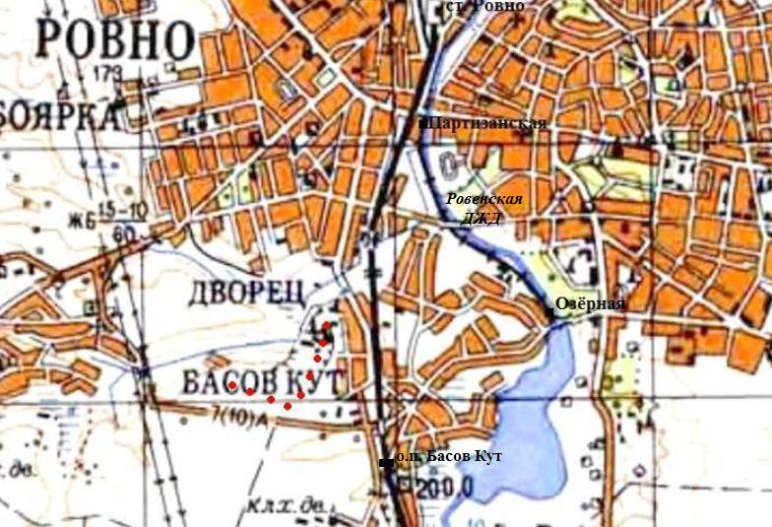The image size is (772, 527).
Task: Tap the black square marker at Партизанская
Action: click(422, 124)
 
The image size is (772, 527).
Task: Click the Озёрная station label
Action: click(589, 303)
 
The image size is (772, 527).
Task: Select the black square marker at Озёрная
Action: click(549, 311)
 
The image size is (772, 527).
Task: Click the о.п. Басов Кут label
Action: click(448, 458)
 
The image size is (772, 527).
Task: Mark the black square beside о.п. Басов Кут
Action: click(384, 462)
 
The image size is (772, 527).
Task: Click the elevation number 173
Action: click(109, 74)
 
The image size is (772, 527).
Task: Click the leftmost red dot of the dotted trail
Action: click(233, 386)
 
